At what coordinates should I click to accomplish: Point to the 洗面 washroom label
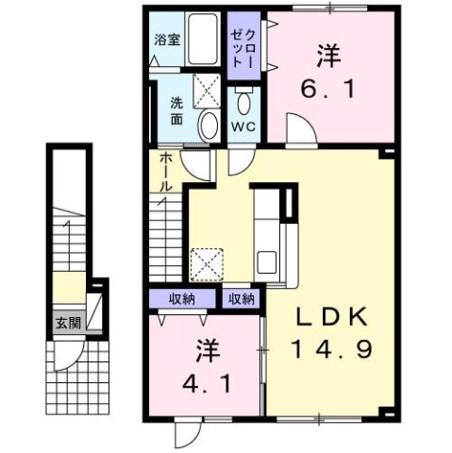point(177,109)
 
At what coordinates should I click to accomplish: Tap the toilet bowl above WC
point(244,102)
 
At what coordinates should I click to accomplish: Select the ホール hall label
point(163,172)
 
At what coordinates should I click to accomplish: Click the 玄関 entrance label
point(66,323)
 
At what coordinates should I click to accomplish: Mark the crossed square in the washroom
point(206,92)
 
